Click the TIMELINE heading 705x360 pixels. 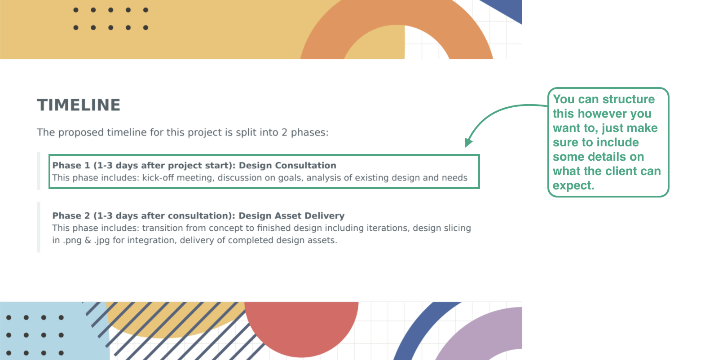pos(79,105)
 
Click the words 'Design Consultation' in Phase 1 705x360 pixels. pos(287,165)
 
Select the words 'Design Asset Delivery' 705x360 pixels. pos(291,215)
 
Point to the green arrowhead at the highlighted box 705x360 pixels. pos(468,143)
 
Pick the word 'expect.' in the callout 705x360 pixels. pos(573,185)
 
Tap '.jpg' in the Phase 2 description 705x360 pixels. pos(102,240)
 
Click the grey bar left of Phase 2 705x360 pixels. pos(39,227)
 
